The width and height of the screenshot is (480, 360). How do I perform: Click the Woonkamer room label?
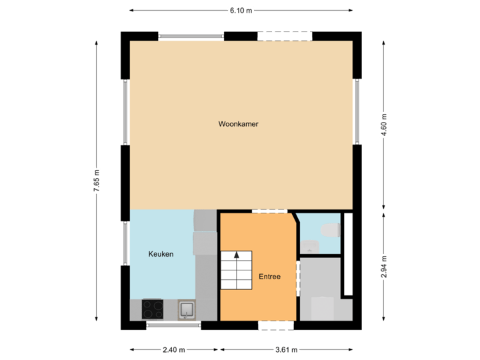click(238, 124)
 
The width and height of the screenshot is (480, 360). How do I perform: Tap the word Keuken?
click(161, 254)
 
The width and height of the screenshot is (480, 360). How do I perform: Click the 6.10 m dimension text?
click(241, 10)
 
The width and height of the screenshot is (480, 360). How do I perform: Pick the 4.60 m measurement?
click(383, 125)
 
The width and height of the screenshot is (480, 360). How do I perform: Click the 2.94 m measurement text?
click(383, 269)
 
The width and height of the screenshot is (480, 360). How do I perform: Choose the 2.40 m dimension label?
click(174, 349)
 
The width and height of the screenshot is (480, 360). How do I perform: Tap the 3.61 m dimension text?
click(287, 349)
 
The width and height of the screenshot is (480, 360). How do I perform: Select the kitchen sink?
click(187, 308)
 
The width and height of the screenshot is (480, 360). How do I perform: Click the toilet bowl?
click(329, 231)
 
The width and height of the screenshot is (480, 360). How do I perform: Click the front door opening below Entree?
click(275, 325)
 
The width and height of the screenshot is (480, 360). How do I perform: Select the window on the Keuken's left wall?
click(125, 244)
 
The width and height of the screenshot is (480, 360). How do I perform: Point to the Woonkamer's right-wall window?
click(358, 111)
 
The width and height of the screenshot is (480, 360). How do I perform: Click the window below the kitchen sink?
click(173, 325)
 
